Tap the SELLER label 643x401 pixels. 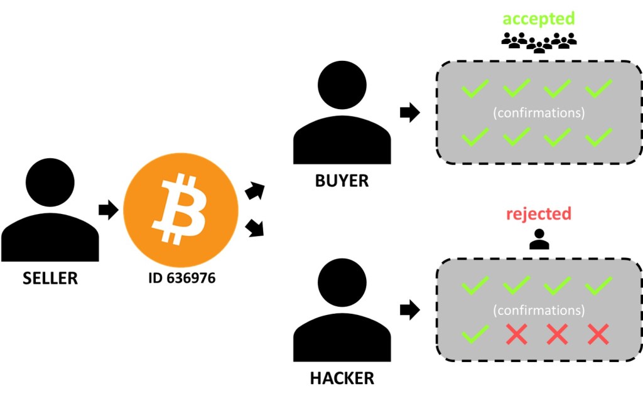point(50,278)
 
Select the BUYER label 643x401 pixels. point(342,181)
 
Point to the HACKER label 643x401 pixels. point(342,378)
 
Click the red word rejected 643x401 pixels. point(539,213)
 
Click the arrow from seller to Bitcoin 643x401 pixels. point(108,210)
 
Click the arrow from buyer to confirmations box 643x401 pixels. point(409,113)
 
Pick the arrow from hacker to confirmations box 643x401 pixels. point(409,309)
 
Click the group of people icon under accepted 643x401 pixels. point(539,41)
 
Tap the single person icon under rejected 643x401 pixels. point(539,239)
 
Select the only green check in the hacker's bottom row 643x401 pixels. point(475,335)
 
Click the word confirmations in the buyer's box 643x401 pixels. point(539,114)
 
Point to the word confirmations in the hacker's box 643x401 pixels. point(539,310)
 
